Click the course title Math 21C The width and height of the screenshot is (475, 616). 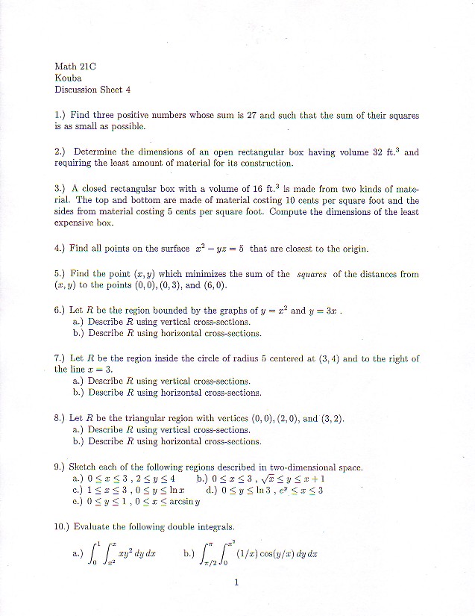[72, 65]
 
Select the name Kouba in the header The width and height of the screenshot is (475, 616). [68, 77]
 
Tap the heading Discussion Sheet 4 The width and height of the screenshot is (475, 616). [92, 90]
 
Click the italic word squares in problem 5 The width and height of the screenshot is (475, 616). [312, 274]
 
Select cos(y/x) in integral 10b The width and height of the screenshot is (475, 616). [277, 554]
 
